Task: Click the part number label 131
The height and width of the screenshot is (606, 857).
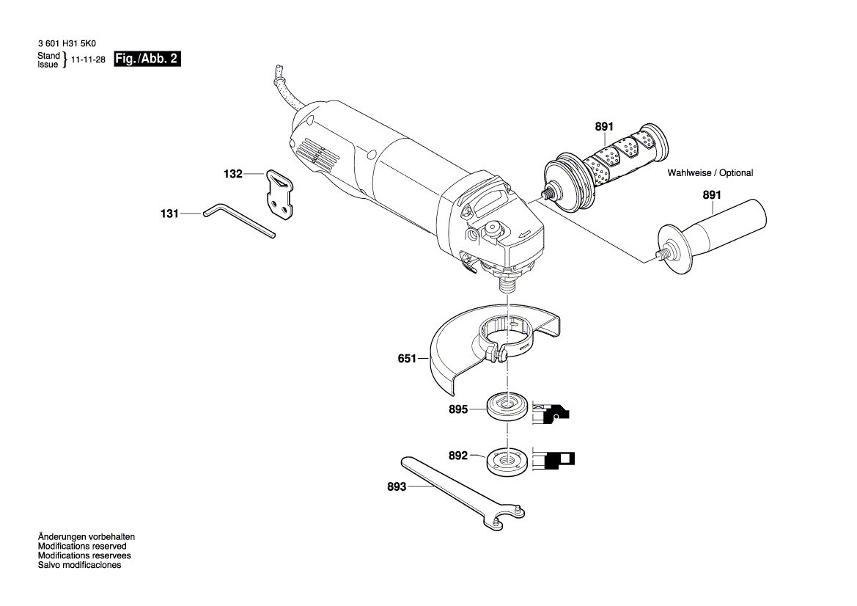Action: coord(169,213)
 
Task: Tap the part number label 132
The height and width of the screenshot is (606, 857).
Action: coord(232,174)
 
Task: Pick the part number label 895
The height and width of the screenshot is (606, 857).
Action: coord(458,410)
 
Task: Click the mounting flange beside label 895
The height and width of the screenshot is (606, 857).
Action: coord(506,407)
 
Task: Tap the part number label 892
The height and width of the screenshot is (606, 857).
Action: coord(458,456)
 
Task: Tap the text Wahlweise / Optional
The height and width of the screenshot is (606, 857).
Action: coord(710,173)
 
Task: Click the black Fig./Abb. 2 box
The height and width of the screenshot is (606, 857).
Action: coord(147,59)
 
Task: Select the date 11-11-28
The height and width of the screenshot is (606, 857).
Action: coord(88,61)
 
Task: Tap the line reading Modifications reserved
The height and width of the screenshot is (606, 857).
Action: coord(81,547)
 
